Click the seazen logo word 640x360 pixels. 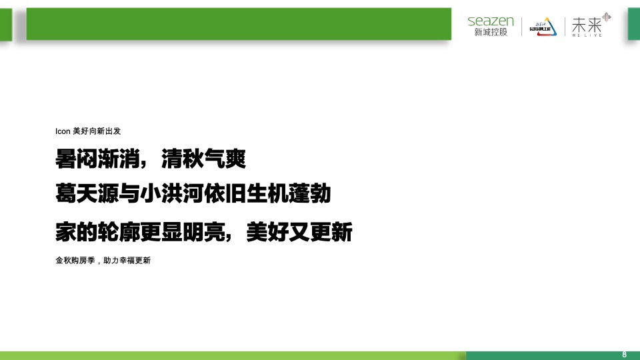pyautogui.click(x=491, y=21)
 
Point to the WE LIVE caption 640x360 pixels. pyautogui.click(x=587, y=35)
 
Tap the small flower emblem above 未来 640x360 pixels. pyautogui.click(x=606, y=16)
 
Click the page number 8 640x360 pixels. pyautogui.click(x=625, y=354)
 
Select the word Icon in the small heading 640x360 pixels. pyautogui.click(x=63, y=131)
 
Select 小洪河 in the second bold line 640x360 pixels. pyautogui.click(x=183, y=195)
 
